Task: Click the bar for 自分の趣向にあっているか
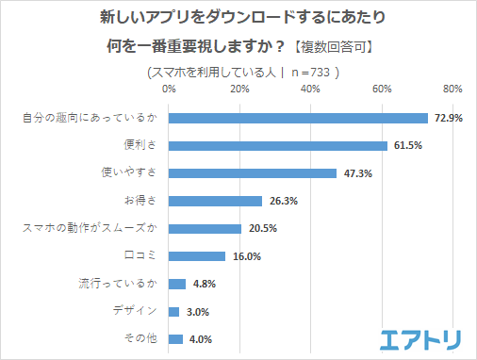point(298,118)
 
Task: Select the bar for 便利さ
point(278,145)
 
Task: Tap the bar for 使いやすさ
point(253,173)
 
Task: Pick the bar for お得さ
point(215,201)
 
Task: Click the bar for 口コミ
point(197,256)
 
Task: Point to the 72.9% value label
point(446,118)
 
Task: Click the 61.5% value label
point(406,146)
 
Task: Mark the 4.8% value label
point(202,284)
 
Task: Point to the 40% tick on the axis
point(310,90)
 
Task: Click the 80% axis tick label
point(452,90)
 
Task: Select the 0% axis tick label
point(169,90)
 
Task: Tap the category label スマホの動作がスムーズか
point(95,228)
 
